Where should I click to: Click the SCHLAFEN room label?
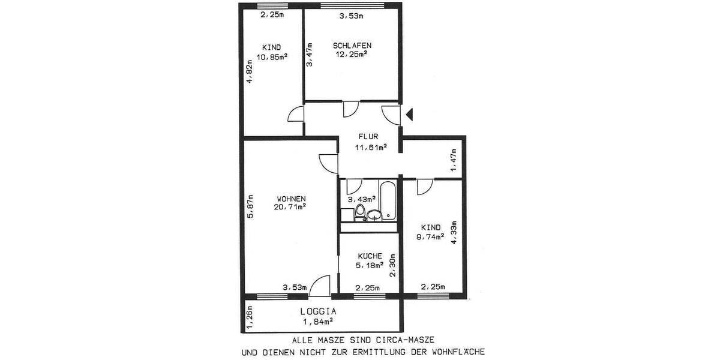[352, 46]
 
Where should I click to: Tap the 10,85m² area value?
[272, 57]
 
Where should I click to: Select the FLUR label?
[368, 137]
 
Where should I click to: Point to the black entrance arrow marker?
[409, 115]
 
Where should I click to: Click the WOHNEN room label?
[291, 199]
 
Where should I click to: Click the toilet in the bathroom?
[360, 212]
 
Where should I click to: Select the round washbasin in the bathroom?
[374, 215]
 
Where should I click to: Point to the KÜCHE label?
[370, 256]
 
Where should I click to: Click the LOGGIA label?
[318, 311]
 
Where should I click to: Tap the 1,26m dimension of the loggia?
[250, 318]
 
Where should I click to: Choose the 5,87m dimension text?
[250, 206]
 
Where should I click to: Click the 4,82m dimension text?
[250, 71]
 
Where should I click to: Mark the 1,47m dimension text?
[454, 160]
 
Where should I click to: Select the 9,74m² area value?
[430, 237]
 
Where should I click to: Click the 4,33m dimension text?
[454, 232]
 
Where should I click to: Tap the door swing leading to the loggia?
[320, 286]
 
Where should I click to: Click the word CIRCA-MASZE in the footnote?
[403, 340]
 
